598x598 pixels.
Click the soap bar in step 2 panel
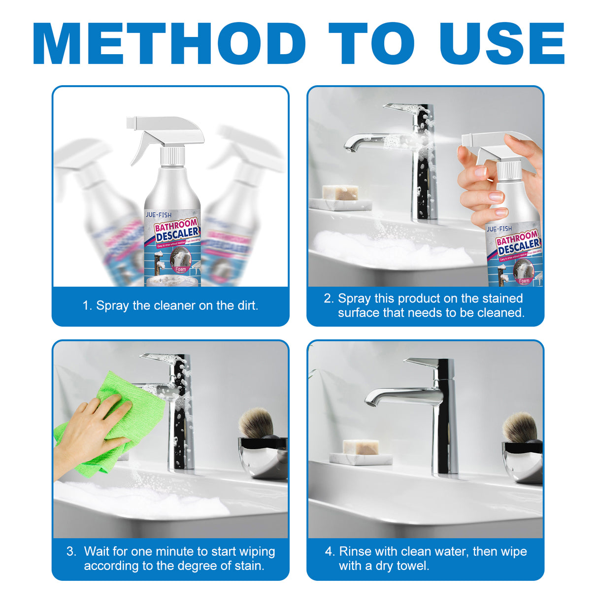340,193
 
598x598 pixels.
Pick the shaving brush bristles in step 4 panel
519,427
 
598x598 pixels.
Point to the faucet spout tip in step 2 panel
349,148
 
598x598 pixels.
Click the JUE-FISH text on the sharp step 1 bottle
159,215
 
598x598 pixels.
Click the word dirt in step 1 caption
246,305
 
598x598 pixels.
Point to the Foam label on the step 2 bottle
524,281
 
